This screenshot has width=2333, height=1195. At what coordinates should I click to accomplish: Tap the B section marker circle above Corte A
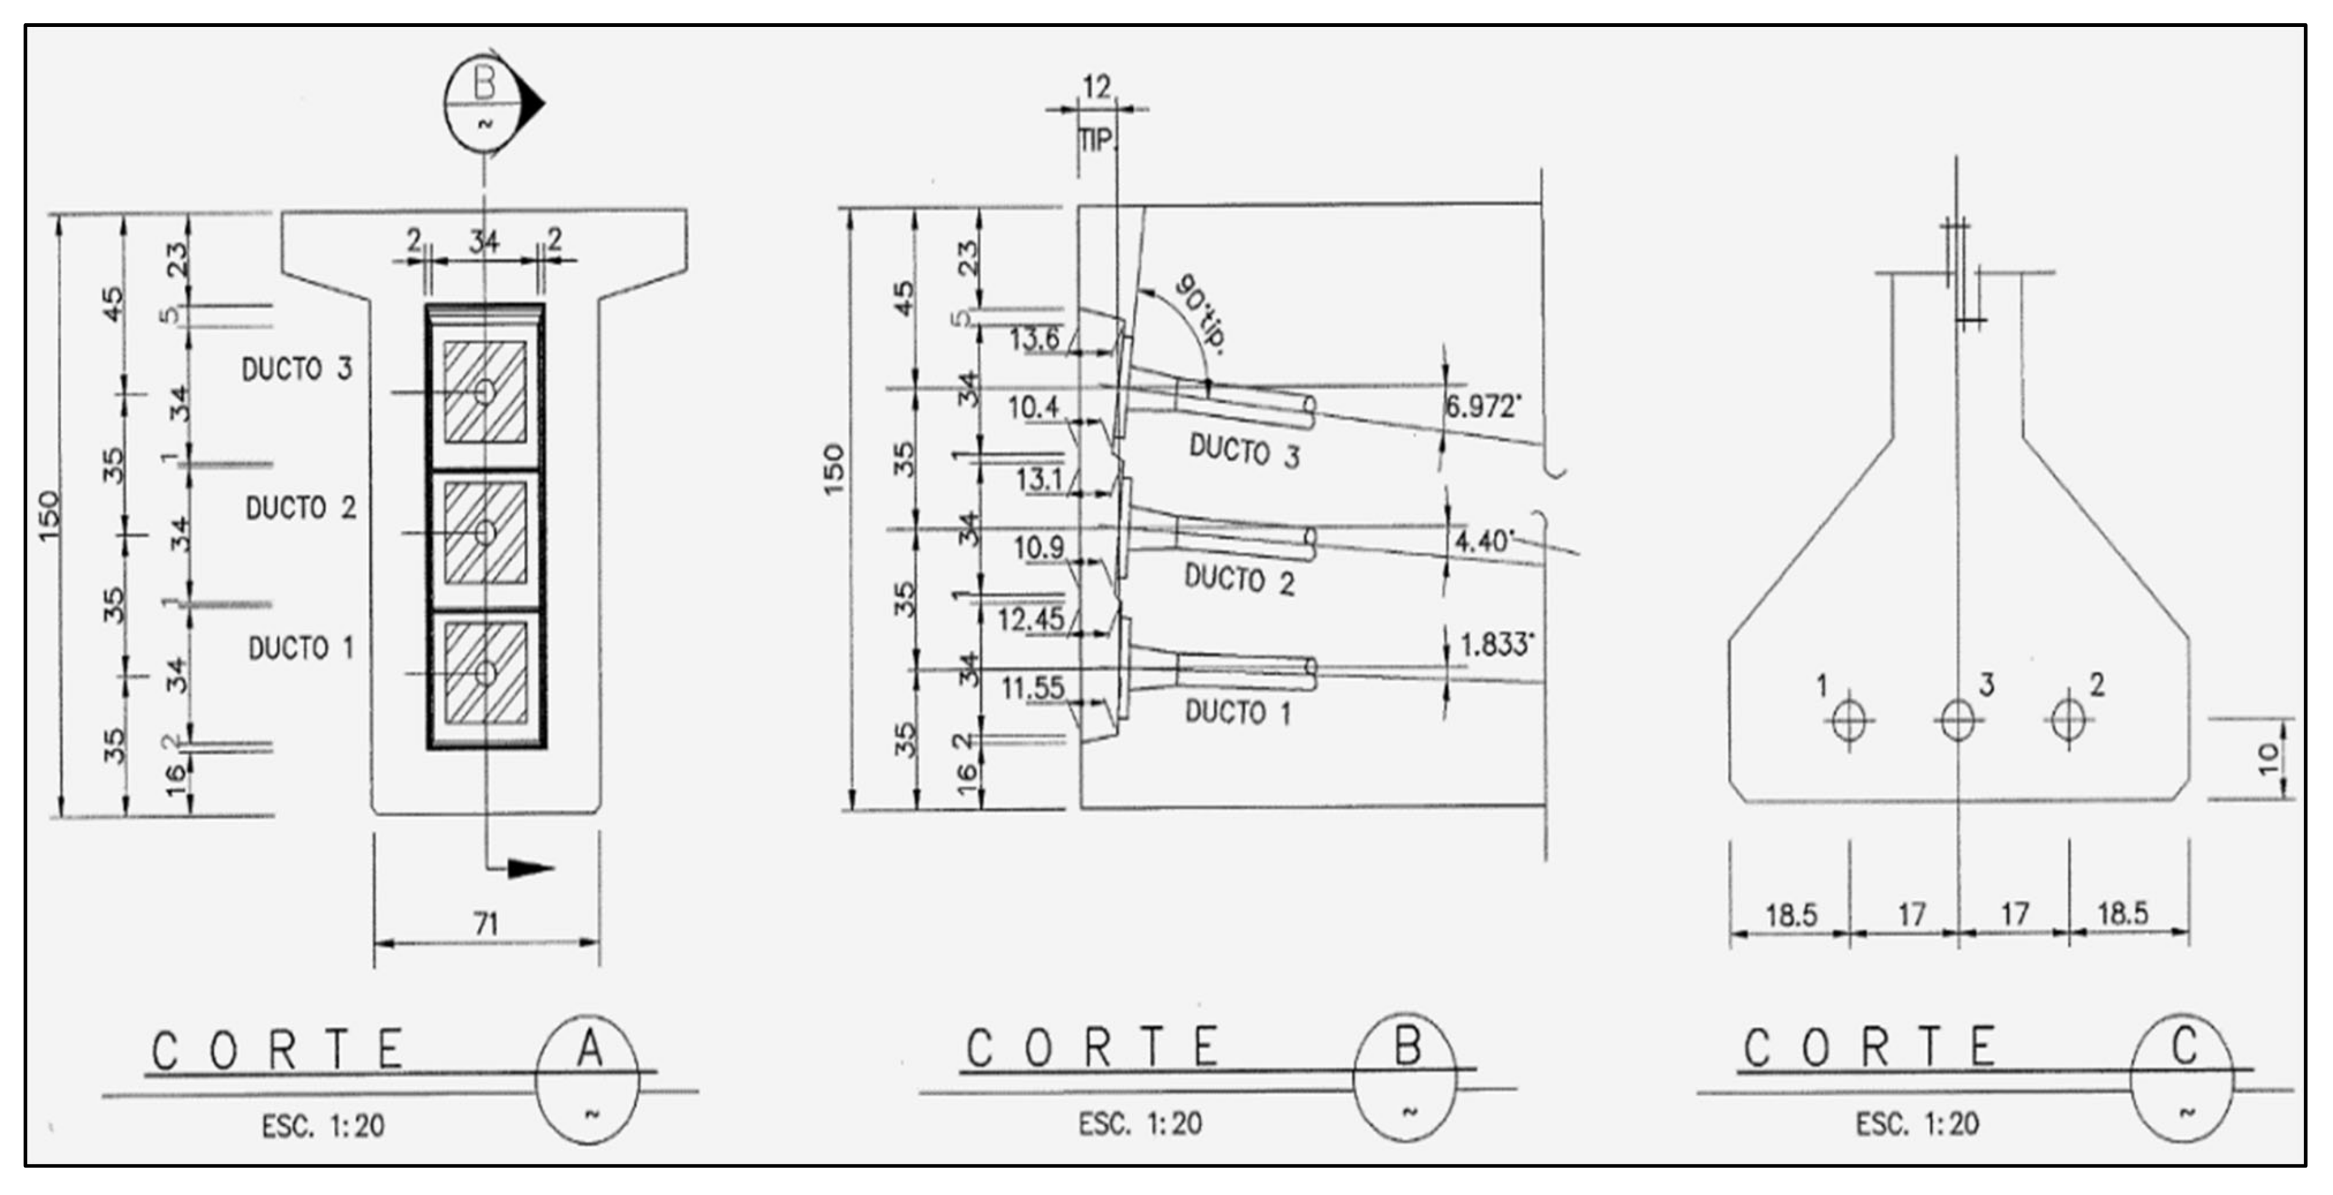click(485, 102)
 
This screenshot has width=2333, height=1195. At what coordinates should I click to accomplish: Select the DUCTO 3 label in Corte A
click(296, 369)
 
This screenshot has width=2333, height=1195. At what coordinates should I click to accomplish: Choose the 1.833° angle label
click(1496, 645)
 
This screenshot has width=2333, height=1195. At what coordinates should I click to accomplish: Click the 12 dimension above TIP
click(1096, 87)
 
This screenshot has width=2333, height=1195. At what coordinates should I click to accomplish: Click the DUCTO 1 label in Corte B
click(1238, 713)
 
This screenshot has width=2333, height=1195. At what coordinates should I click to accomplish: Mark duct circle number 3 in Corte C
click(1958, 721)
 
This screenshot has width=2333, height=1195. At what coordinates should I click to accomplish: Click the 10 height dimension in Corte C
click(2268, 758)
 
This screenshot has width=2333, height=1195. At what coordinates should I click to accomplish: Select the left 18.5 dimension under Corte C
click(1791, 915)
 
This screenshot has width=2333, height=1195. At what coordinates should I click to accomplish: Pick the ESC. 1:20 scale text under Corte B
click(1140, 1123)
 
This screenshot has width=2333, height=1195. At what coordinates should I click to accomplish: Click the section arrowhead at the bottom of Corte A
click(531, 869)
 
